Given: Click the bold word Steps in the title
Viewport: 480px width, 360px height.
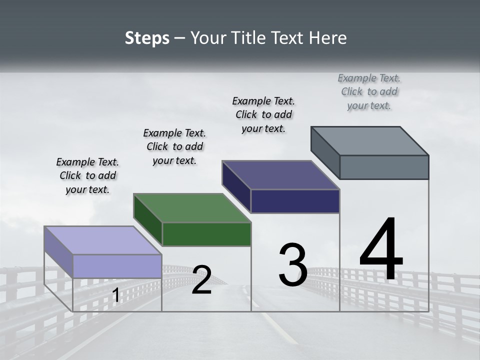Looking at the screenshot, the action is (x=147, y=38).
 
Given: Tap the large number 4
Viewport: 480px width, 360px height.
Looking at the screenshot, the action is (x=381, y=250).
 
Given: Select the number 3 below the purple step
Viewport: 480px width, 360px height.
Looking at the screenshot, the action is (x=293, y=265).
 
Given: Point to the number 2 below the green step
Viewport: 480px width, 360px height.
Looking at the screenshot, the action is (x=201, y=280).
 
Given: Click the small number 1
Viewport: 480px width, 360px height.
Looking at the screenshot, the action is (x=116, y=295).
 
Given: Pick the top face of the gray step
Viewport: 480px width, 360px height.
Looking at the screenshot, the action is (x=369, y=140).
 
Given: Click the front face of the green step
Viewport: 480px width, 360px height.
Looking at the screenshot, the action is (x=206, y=234).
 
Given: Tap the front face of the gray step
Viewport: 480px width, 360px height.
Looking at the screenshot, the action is (x=384, y=167).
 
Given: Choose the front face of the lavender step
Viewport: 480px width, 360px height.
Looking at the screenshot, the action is (x=117, y=266).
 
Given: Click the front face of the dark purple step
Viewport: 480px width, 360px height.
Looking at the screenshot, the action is (x=295, y=201).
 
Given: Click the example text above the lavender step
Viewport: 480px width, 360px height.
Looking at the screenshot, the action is (x=87, y=175).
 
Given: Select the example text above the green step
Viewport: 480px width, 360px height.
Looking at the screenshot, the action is (x=174, y=146).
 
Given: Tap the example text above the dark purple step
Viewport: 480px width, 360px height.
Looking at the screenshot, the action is (x=263, y=114).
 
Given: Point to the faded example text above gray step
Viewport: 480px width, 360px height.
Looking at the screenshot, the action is (x=369, y=91).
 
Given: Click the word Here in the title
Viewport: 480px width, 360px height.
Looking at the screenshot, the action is (x=328, y=38).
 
